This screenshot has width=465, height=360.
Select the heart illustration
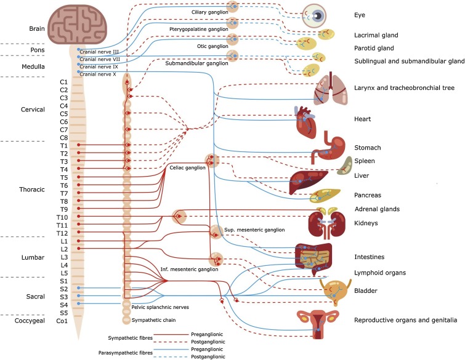tap(307, 122)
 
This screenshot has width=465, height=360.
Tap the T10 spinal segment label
tap(63, 218)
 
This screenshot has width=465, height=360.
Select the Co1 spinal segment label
tap(62, 321)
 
